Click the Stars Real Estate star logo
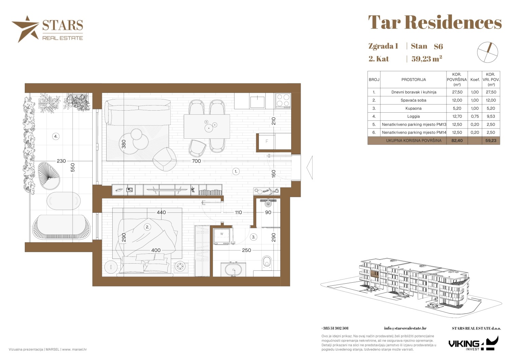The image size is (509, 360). tap(25, 29)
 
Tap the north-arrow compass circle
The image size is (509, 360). tap(487, 52)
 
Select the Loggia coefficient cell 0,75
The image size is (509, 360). tap(475, 116)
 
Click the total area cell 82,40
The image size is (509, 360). tap(457, 140)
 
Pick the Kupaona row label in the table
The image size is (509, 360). tap(413, 109)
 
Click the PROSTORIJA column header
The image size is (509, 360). tap(413, 79)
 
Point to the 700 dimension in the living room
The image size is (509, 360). tap(196, 161)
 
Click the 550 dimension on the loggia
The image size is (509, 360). tap(73, 167)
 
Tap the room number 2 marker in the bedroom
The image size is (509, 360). tap(147, 227)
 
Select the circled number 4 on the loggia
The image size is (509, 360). tap(56, 136)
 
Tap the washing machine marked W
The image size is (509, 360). tap(222, 236)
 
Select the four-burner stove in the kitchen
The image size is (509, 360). tap(283, 101)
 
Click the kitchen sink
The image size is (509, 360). tap(257, 102)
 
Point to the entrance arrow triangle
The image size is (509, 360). tap(309, 168)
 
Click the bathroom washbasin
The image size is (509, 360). tap(233, 269)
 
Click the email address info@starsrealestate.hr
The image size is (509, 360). tap(405, 328)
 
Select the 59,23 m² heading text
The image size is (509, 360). tap(427, 59)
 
